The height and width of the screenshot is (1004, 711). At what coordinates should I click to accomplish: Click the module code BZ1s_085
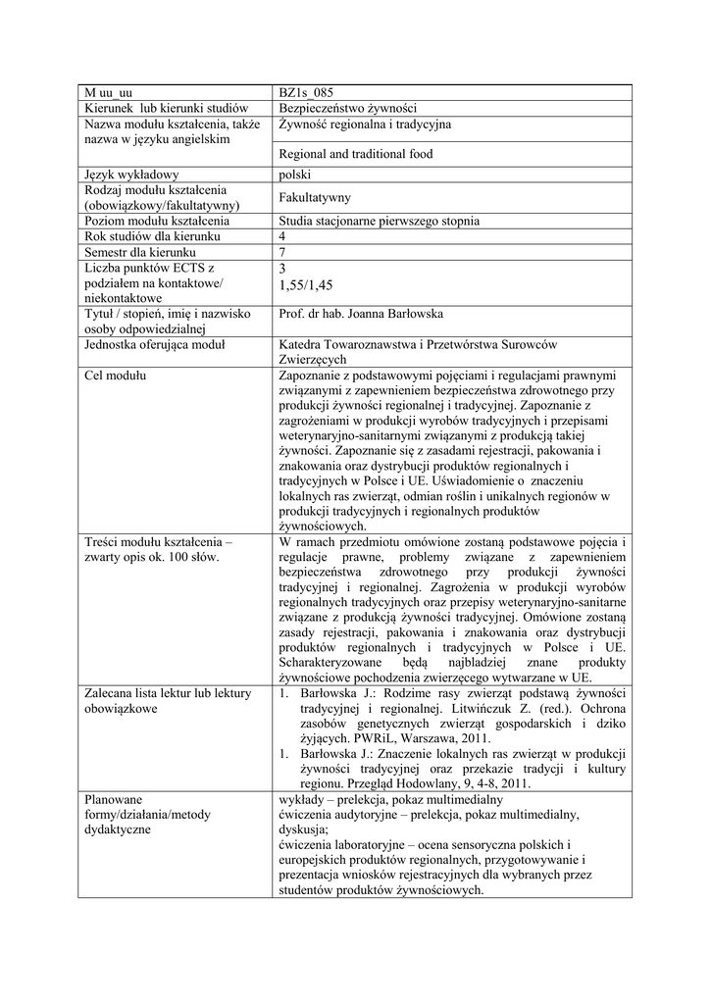[307, 93]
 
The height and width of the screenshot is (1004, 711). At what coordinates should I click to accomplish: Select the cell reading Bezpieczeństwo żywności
[350, 108]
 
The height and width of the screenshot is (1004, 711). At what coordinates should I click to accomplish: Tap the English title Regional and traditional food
[356, 154]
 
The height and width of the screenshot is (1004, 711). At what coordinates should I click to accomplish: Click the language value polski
[295, 175]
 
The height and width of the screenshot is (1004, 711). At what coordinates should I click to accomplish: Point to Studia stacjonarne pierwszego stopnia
[380, 222]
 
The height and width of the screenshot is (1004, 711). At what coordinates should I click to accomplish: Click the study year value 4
[283, 236]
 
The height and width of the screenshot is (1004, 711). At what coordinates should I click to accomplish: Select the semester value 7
[283, 252]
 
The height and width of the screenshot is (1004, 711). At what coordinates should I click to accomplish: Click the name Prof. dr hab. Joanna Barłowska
[362, 314]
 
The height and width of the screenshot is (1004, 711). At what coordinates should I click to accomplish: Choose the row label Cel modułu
[116, 376]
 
